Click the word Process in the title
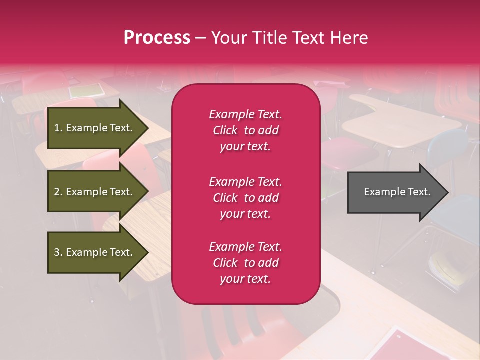pos(157,38)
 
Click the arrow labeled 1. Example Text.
pos(95,128)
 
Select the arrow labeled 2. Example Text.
pos(95,192)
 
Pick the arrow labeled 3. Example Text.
pos(95,252)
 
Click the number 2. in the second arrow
pos(58,192)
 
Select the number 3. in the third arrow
pos(58,252)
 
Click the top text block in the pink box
pos(245,130)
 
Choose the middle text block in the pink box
pos(245,198)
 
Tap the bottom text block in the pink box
pos(245,263)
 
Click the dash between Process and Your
pos(201,38)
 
